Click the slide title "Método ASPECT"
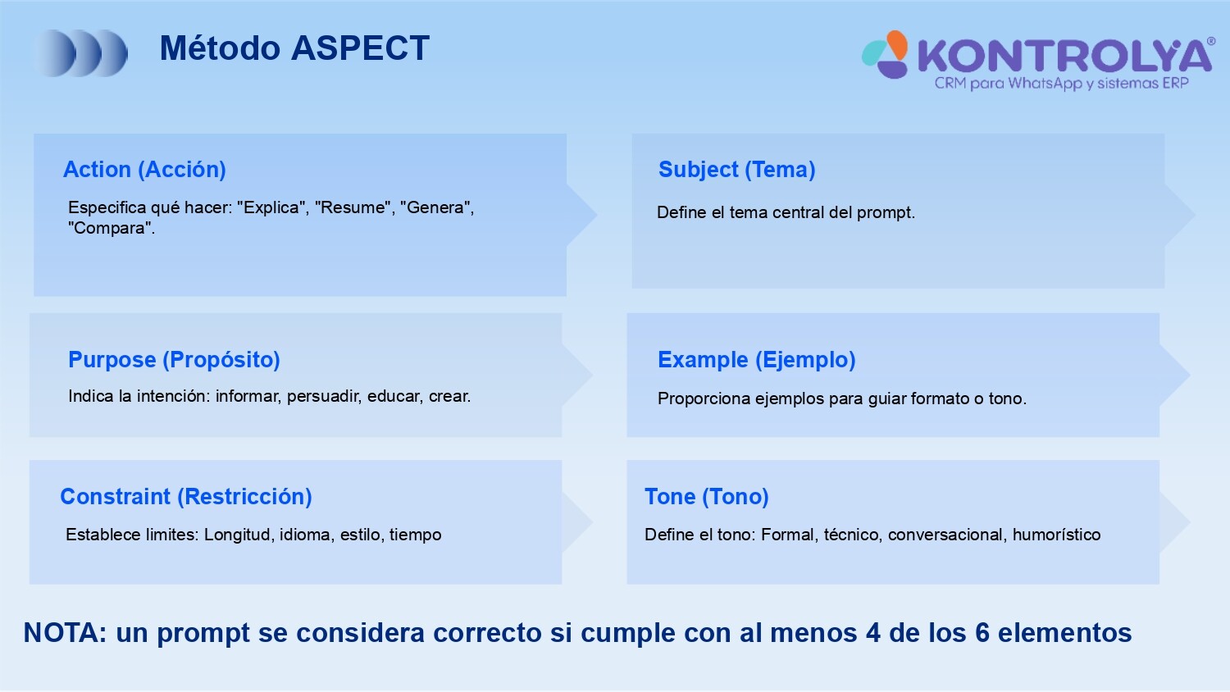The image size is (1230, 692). point(294,48)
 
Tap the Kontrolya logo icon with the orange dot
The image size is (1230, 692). point(885,54)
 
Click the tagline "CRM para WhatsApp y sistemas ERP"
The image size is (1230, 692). point(1061,84)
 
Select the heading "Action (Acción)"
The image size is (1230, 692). point(144,170)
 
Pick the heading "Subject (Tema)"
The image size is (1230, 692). point(737,170)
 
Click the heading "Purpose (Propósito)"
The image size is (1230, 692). point(174,360)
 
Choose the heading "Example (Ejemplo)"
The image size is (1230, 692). point(757,360)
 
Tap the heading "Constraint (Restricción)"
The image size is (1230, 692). point(186,497)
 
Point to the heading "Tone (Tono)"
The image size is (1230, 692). point(707,497)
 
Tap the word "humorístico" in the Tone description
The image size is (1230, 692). point(1056,535)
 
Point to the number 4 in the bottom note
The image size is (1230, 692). point(873,633)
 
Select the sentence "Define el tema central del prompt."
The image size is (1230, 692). point(786,212)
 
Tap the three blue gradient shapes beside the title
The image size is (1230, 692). point(80,52)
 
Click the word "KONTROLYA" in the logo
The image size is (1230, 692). point(1064,56)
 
